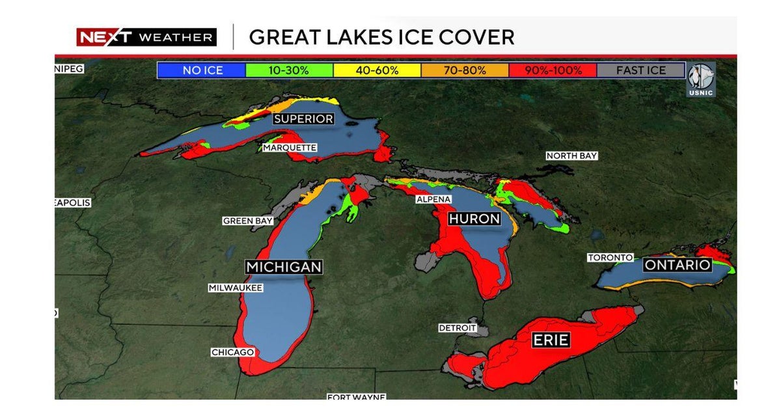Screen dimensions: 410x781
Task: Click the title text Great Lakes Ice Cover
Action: point(381,37)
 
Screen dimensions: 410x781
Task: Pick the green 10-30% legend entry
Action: point(289,70)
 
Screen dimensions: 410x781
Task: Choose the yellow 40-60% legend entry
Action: point(377,70)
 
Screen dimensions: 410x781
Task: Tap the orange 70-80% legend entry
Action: point(465,70)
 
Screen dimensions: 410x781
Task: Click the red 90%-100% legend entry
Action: point(553,70)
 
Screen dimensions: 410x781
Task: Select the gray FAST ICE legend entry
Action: point(640,70)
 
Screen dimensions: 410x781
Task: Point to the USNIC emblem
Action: point(702,78)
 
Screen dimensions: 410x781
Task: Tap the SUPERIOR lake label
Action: point(303,118)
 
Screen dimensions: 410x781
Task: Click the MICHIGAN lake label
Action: point(283,267)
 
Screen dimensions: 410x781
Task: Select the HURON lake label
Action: point(474,219)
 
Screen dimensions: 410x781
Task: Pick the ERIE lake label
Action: point(551,340)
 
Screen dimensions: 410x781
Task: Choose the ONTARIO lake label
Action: point(677,265)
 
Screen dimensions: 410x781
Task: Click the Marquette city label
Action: point(290,148)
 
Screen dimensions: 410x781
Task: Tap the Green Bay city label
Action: point(248,221)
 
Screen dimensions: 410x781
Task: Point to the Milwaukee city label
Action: point(236,287)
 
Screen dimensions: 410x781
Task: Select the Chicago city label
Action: point(232,352)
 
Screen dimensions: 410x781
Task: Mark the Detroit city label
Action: point(457,328)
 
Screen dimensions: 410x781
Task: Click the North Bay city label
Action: point(571,156)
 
